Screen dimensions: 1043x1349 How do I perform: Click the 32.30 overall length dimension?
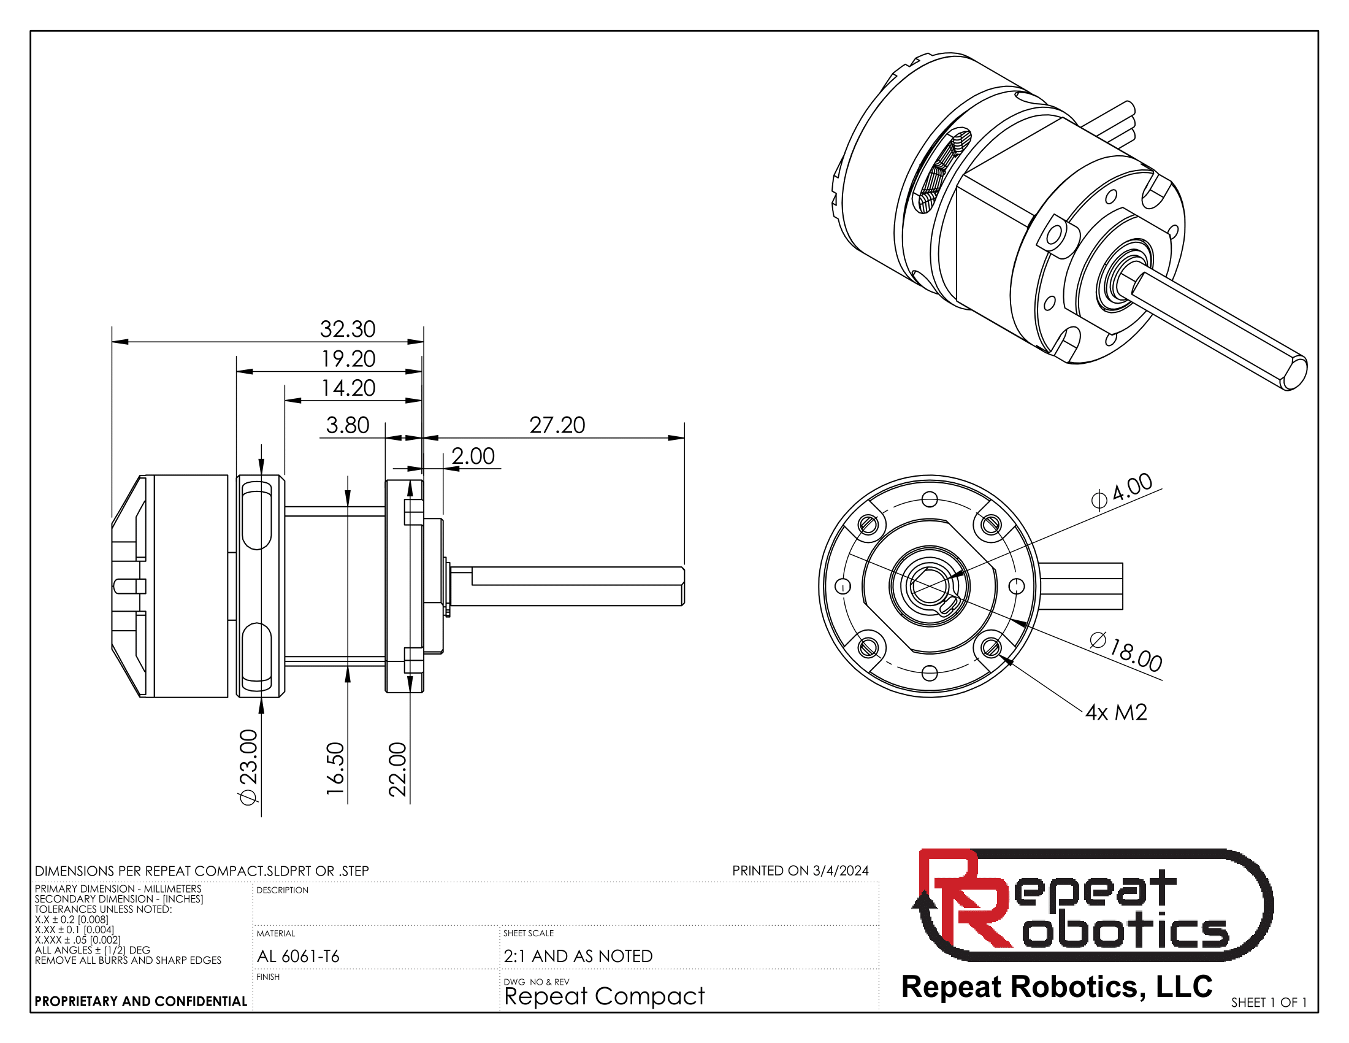coord(347,329)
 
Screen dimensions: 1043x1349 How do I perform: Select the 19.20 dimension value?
coord(348,358)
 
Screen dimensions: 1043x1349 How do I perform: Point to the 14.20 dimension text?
coord(348,388)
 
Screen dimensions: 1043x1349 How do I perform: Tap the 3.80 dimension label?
coord(347,425)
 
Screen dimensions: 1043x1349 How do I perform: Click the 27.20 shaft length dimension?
coord(557,425)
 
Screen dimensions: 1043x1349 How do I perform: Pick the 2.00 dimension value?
coord(473,456)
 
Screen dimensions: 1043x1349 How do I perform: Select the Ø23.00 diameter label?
coord(248,767)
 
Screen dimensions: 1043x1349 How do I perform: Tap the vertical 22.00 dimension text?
coord(397,769)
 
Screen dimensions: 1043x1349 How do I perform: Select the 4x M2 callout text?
coord(1116,712)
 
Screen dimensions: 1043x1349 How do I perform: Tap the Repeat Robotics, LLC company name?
coord(1057,986)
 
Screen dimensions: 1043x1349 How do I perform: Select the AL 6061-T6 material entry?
coord(299,956)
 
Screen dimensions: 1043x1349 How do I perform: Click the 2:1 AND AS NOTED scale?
coord(578,956)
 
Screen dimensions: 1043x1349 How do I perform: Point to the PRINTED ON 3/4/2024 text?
coord(800,871)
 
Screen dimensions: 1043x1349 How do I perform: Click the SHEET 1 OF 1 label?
coord(1269,1003)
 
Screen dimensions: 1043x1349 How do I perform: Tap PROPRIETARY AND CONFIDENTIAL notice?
coord(141,1002)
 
